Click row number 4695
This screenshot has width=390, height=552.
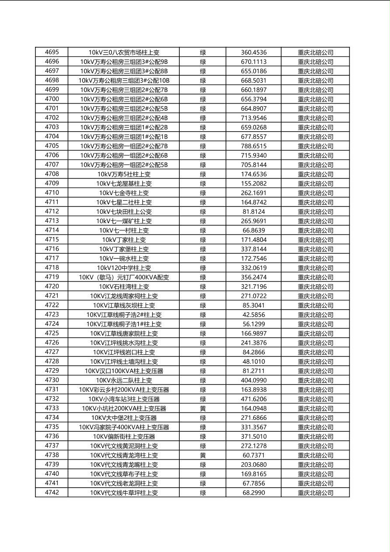coord(52,52)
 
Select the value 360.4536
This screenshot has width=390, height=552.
coord(254,52)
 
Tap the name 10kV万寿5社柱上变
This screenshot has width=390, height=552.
coord(124,174)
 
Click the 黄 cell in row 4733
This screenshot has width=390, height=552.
coord(203,409)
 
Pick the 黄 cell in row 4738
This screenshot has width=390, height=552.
coord(203,455)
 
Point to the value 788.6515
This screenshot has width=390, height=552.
coord(254,146)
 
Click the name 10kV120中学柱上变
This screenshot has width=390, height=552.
coord(124,268)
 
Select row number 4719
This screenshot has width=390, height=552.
coord(52,277)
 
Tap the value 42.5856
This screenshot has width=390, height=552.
coord(254,314)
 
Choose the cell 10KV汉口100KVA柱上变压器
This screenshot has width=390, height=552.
coord(124,371)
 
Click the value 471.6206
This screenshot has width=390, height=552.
coord(254,399)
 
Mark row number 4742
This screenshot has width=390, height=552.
coord(52,493)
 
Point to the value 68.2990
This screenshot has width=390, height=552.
coord(254,493)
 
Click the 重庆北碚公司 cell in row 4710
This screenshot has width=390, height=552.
coord(315,193)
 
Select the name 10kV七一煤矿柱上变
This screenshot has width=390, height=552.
coord(124,221)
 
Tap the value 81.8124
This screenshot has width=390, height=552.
coord(254,212)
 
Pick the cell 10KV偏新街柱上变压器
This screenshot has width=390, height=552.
coord(124,437)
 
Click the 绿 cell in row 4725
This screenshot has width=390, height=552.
coord(203,333)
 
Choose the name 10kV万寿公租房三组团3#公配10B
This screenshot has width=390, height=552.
coord(124,80)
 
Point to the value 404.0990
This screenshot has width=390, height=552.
coord(254,381)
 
